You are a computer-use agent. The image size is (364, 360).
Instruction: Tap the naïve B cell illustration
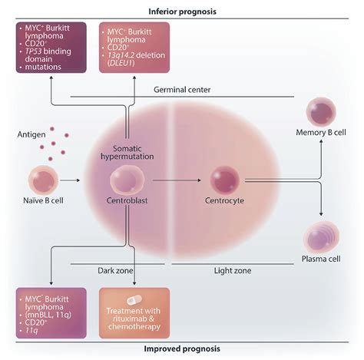tap(45, 180)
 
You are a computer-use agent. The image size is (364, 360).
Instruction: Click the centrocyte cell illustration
tap(227, 182)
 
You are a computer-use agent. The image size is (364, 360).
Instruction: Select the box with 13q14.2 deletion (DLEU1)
tap(138, 48)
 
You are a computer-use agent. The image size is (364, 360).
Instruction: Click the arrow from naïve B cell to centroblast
tap(81, 182)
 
